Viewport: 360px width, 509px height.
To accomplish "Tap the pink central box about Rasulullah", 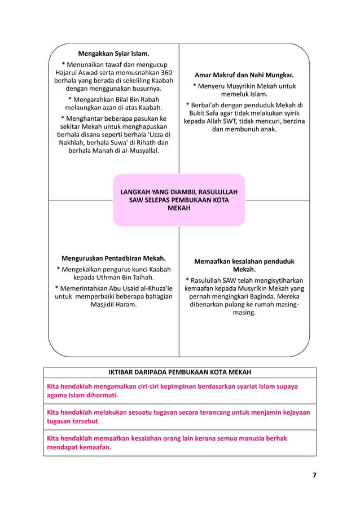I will (179, 200).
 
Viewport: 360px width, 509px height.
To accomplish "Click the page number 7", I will (314, 475).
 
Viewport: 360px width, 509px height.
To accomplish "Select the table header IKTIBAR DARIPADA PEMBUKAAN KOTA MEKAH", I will (180, 372).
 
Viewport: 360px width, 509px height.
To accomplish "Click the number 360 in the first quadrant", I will (163, 73).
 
